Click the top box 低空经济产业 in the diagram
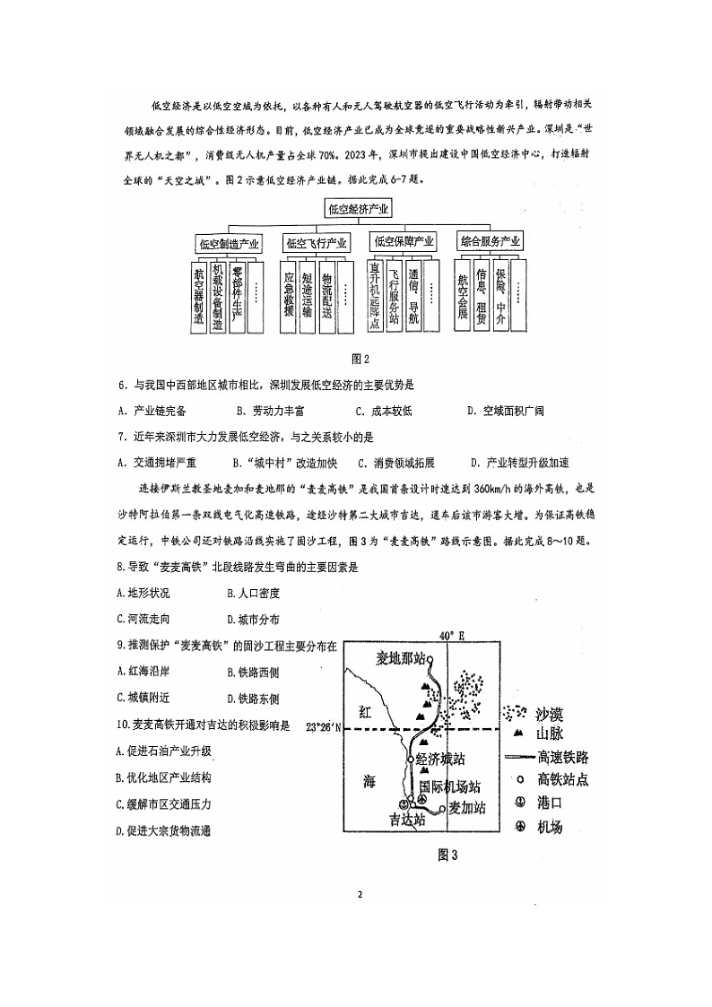tap(359, 210)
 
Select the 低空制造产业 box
tap(229, 243)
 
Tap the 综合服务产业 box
tap(490, 242)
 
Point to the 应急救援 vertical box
tap(289, 296)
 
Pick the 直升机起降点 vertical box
tap(377, 296)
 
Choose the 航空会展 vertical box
tap(463, 296)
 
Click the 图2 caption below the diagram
tap(360, 359)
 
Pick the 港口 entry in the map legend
tap(549, 803)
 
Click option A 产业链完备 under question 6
tap(152, 412)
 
